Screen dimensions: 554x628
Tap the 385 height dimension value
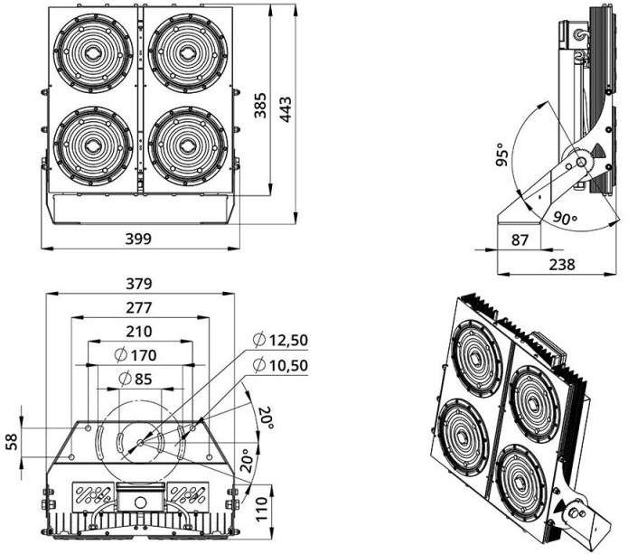tap(260, 106)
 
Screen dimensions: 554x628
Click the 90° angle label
tap(566, 218)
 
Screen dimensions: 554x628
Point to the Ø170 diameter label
tap(136, 355)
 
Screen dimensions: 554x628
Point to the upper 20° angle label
tap(265, 418)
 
